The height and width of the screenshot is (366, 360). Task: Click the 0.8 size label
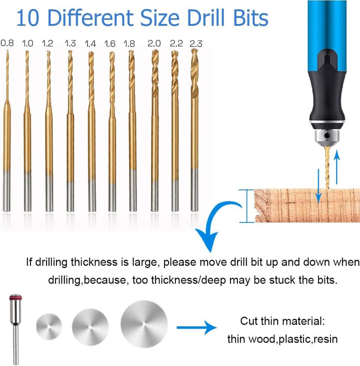7,43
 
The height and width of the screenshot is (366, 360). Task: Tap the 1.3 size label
70,43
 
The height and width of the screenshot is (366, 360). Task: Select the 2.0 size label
154,43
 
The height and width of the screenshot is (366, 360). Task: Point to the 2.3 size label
196,43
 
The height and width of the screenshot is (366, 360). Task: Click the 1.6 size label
109,43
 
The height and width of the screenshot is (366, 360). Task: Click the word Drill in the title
205,18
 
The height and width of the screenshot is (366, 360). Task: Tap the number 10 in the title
27,18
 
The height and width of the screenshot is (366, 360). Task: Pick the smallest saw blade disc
49,327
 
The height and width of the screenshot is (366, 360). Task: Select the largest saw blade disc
144,324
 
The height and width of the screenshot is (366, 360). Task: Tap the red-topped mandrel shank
15,329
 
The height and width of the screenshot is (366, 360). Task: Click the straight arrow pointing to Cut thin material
196,328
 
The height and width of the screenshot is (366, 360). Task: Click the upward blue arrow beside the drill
336,167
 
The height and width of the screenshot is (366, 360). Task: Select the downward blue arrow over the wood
318,186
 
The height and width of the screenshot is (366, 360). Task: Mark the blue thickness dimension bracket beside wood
246,206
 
